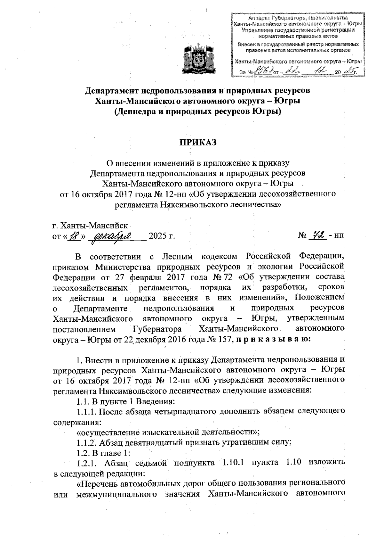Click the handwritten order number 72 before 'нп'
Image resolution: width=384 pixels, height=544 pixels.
[x=318, y=235]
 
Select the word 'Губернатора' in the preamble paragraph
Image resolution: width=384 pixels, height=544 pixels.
[x=157, y=329]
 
